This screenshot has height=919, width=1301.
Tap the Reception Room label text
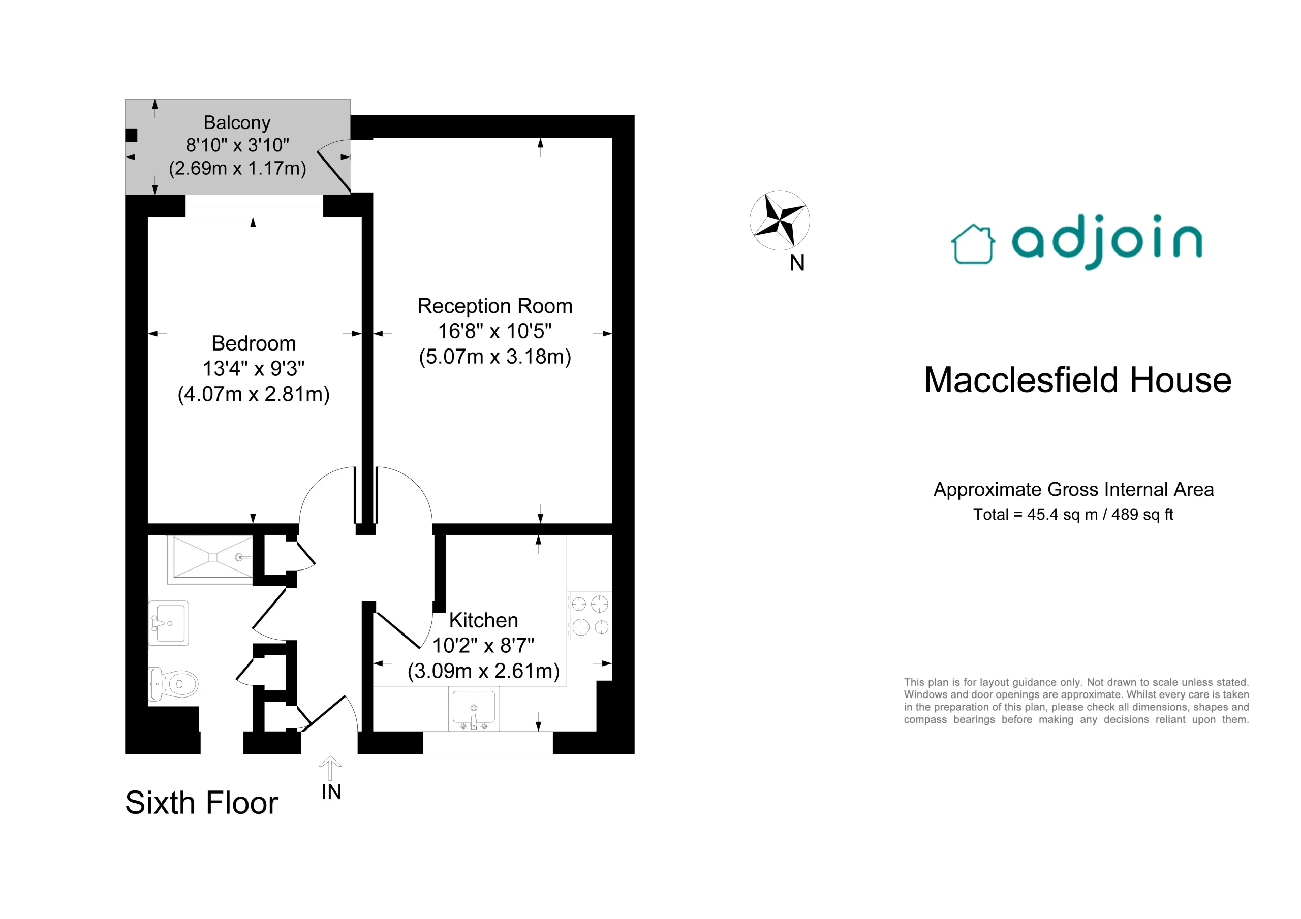pos(494,306)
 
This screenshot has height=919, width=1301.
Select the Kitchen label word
pos(483,620)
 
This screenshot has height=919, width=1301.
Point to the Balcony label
pos(237,122)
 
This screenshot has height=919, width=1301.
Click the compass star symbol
pos(780,220)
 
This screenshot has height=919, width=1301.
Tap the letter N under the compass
pos(797,262)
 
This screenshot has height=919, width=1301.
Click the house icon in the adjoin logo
pos(972,244)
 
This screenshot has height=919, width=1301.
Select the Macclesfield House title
pos(1078,379)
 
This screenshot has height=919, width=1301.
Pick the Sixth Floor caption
pos(202,802)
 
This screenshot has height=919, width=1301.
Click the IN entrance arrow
pos(330,768)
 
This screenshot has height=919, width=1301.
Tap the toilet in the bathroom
pos(173,684)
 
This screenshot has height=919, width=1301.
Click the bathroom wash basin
pos(168,623)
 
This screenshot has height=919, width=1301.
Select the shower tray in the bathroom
pos(210,559)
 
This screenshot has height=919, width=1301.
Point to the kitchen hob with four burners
pos(590,616)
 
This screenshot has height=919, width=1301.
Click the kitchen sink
pos(474,709)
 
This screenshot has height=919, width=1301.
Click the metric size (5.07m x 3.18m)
pos(494,357)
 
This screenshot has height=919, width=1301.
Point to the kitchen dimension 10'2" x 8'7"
pos(483,645)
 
